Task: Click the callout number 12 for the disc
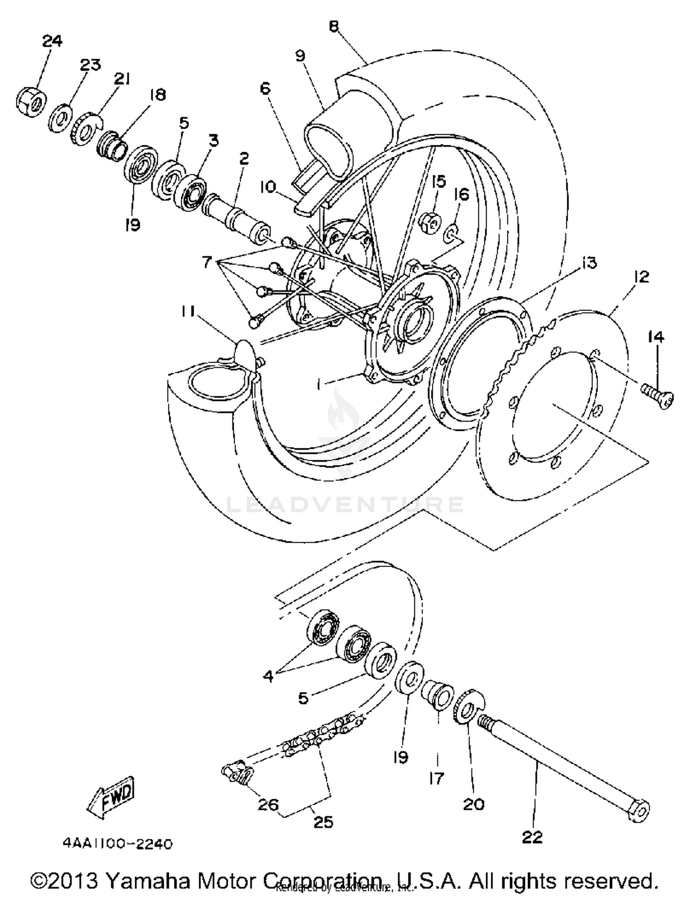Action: [641, 276]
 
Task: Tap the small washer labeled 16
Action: [450, 235]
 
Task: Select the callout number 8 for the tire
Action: [334, 26]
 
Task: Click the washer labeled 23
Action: [60, 119]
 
